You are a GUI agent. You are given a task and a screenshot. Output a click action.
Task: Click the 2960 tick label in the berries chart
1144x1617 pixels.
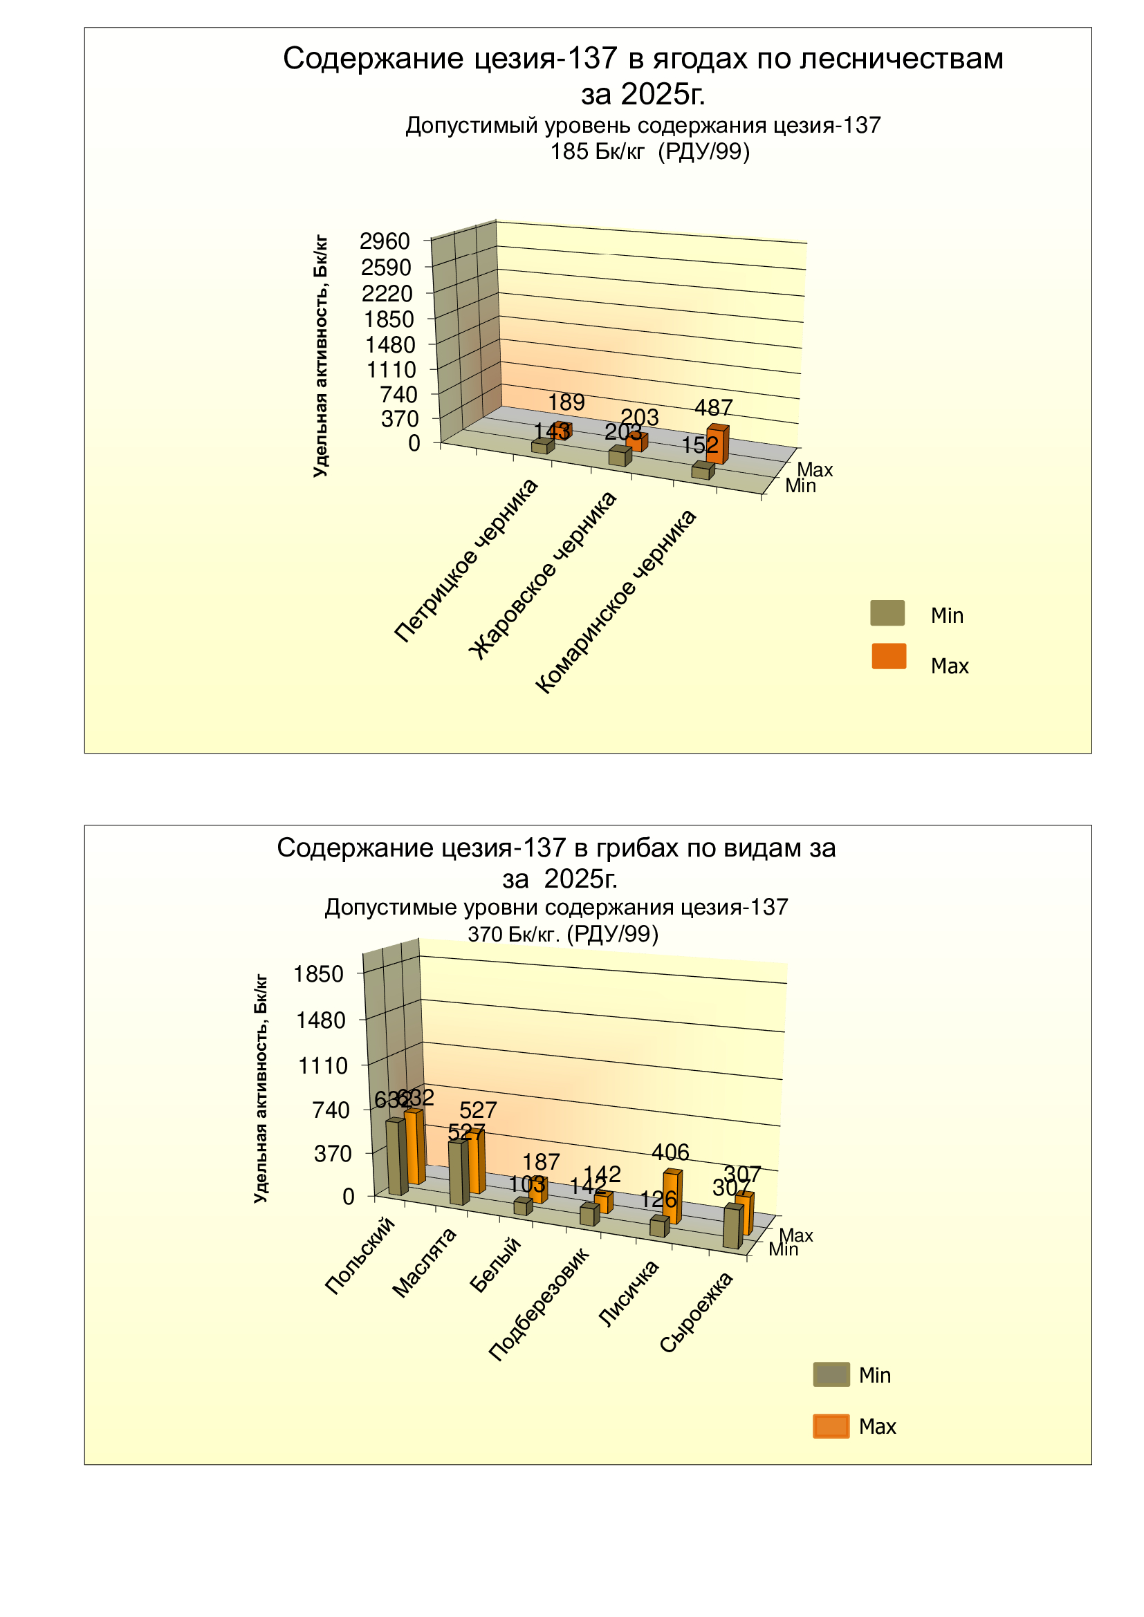tap(385, 241)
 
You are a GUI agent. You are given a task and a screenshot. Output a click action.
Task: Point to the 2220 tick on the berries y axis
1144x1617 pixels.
tap(387, 294)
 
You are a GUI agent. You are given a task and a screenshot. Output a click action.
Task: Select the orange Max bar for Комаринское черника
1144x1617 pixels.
tap(716, 446)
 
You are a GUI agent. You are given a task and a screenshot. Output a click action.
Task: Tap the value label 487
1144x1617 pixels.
tap(714, 408)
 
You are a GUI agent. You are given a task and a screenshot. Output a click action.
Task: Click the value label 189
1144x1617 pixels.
tap(566, 402)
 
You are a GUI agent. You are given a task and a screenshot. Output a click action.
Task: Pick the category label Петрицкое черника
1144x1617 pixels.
tap(466, 561)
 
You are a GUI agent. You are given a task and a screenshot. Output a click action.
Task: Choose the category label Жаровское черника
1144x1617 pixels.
tap(543, 575)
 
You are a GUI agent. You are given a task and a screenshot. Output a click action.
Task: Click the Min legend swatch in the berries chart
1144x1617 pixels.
tap(887, 613)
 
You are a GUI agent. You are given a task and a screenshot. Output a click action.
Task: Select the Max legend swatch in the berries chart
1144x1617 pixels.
tap(889, 655)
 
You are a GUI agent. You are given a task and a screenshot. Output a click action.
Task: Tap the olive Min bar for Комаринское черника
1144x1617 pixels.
tap(701, 471)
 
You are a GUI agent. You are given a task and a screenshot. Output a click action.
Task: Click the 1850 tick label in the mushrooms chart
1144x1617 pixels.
tap(318, 975)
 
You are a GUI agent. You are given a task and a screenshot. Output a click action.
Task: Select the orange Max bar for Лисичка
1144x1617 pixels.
tap(672, 1198)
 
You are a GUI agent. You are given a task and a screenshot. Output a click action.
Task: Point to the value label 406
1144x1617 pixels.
tap(670, 1152)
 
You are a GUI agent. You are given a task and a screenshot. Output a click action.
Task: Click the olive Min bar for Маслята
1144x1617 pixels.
tap(458, 1172)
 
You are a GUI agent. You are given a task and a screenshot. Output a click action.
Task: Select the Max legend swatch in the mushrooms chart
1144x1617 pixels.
tap(831, 1426)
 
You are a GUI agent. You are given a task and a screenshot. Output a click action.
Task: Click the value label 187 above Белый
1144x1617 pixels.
tap(541, 1161)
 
